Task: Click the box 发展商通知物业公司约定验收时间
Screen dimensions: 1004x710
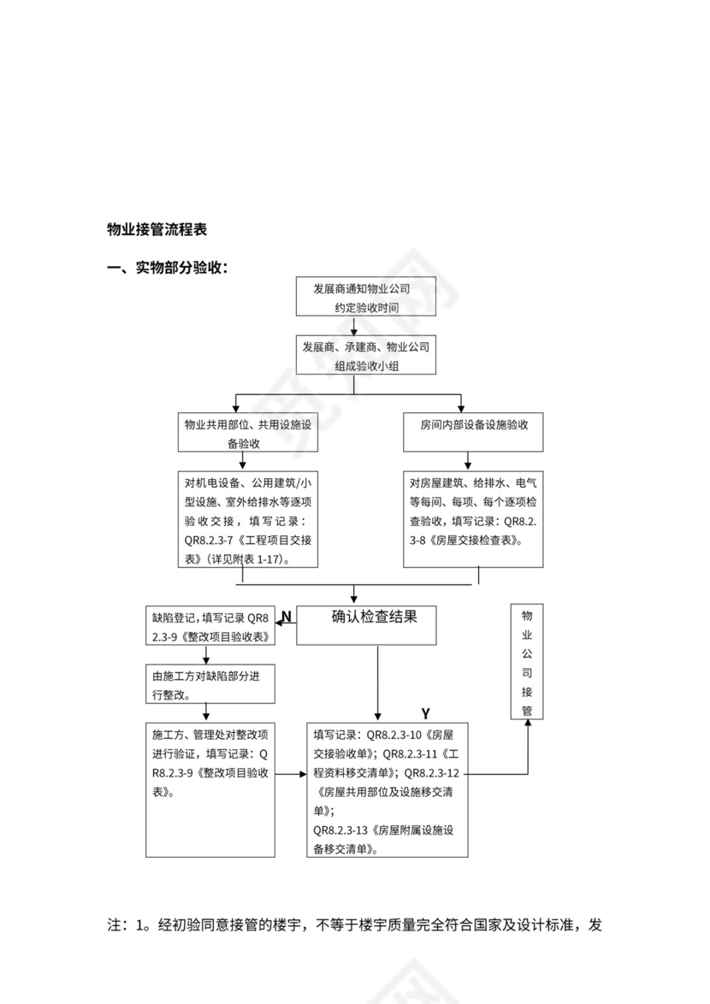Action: tap(366, 297)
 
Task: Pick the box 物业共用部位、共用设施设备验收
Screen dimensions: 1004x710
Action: tap(248, 433)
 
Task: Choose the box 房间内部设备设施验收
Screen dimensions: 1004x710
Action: tap(473, 426)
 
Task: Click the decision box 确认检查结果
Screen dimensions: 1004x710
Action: tap(367, 624)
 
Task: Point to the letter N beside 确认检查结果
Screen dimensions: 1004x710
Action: tap(287, 617)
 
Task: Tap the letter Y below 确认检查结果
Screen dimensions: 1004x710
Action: tap(425, 713)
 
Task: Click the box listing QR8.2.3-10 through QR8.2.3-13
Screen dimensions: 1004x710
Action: tap(388, 791)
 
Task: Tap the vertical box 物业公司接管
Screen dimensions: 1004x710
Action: tap(527, 661)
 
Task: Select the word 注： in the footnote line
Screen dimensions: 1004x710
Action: tap(117, 925)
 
